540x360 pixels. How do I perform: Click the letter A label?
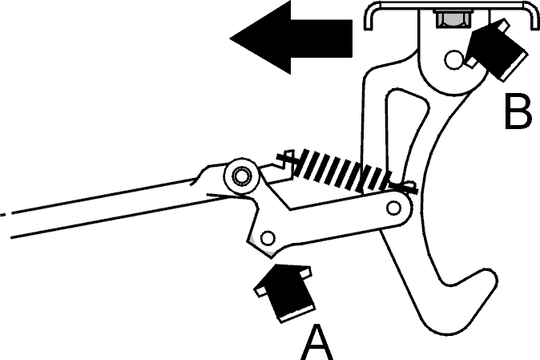tap(317, 342)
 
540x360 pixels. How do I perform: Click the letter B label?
tap(518, 111)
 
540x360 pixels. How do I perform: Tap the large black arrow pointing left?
tap(291, 37)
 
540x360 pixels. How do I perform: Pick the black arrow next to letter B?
tap(496, 49)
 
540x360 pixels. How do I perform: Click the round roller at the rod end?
tap(242, 176)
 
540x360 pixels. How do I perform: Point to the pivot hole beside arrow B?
tap(454, 60)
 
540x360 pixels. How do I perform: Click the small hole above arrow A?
tap(268, 237)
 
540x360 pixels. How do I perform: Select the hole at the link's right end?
tap(393, 208)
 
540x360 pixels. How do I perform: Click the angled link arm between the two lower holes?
tap(331, 220)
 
